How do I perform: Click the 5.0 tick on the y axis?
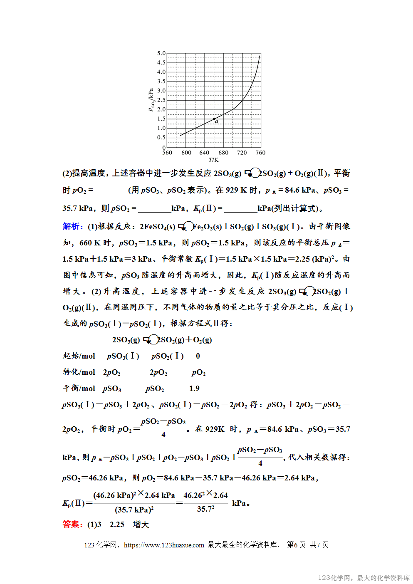click(161, 53)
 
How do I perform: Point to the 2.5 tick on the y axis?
click(161, 100)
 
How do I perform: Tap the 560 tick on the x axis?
click(167, 153)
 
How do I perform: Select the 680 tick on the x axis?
click(223, 153)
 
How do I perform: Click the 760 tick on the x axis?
click(260, 153)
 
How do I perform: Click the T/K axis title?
click(213, 160)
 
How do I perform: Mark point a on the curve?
click(214, 119)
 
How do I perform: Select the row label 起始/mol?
click(79, 356)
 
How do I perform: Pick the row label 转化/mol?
click(79, 372)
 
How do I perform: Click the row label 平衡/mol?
click(79, 389)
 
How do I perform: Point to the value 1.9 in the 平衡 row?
click(194, 389)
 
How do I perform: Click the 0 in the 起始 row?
click(198, 356)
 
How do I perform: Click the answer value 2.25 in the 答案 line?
click(117, 525)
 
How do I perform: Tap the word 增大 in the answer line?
click(141, 525)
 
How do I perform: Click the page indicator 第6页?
click(296, 545)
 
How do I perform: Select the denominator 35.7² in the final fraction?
click(205, 509)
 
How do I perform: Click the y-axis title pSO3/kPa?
click(151, 100)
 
